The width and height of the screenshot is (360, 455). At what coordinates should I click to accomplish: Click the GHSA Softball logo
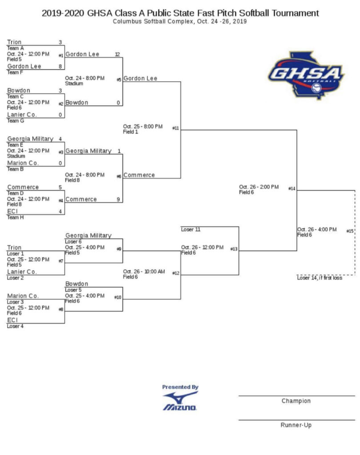[x=306, y=75]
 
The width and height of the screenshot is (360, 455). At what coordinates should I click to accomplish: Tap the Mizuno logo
[x=180, y=401]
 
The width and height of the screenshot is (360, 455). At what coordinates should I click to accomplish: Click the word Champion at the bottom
[x=296, y=401]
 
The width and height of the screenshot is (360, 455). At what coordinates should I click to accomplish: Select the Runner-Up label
[x=296, y=425]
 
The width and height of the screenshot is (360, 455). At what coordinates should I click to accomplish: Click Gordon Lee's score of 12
[x=117, y=54]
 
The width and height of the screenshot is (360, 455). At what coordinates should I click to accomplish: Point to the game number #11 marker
[x=176, y=128]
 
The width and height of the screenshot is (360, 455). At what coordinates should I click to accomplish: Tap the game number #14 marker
[x=292, y=188]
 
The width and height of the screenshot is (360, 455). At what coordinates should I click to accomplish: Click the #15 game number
[x=350, y=231]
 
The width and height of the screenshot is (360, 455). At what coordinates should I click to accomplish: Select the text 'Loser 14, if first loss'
[x=320, y=278]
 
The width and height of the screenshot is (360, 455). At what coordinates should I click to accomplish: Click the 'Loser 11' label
[x=191, y=230]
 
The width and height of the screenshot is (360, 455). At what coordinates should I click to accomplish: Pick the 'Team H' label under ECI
[x=16, y=217]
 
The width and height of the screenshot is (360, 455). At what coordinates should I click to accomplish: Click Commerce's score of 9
[x=118, y=200]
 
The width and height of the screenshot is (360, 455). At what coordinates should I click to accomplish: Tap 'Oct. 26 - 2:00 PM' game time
[x=259, y=187]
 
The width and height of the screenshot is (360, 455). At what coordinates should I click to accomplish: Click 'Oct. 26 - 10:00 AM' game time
[x=144, y=271]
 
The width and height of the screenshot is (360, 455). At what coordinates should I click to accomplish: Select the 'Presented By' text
[x=180, y=387]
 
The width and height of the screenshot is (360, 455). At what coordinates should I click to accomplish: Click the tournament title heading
[x=180, y=13]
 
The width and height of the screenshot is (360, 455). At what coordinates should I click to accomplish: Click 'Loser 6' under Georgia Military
[x=73, y=241]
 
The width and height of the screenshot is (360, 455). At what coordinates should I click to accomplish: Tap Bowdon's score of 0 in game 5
[x=118, y=103]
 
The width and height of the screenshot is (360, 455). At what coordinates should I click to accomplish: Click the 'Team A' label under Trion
[x=16, y=48]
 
